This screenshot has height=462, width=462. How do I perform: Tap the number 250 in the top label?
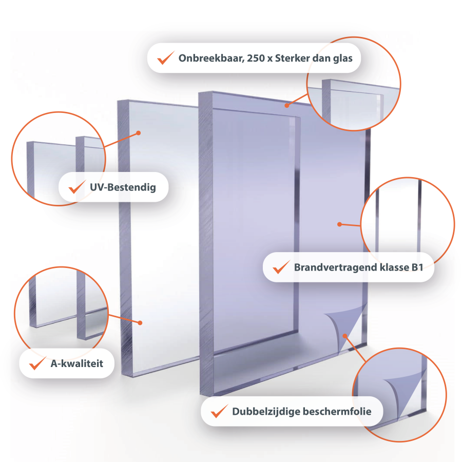256,59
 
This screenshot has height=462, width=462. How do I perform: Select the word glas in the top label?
343,59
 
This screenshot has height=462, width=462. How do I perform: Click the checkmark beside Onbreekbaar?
166,57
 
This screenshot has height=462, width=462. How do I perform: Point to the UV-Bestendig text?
123,187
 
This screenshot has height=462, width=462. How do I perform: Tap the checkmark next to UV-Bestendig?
77,187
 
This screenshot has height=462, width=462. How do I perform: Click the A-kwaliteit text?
77,363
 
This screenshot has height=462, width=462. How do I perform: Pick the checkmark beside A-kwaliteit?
37,363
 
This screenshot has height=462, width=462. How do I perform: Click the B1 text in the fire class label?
417,267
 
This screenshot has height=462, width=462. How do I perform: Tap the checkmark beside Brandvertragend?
281,267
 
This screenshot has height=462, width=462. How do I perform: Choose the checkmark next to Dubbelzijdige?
220,411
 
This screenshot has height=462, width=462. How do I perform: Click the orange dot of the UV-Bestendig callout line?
139,133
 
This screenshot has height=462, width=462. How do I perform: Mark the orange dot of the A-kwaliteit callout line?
140,323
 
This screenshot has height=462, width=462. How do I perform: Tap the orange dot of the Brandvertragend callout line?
339,224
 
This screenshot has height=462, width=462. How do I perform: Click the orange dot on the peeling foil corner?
345,336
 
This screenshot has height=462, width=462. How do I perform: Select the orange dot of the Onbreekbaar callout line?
286,105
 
